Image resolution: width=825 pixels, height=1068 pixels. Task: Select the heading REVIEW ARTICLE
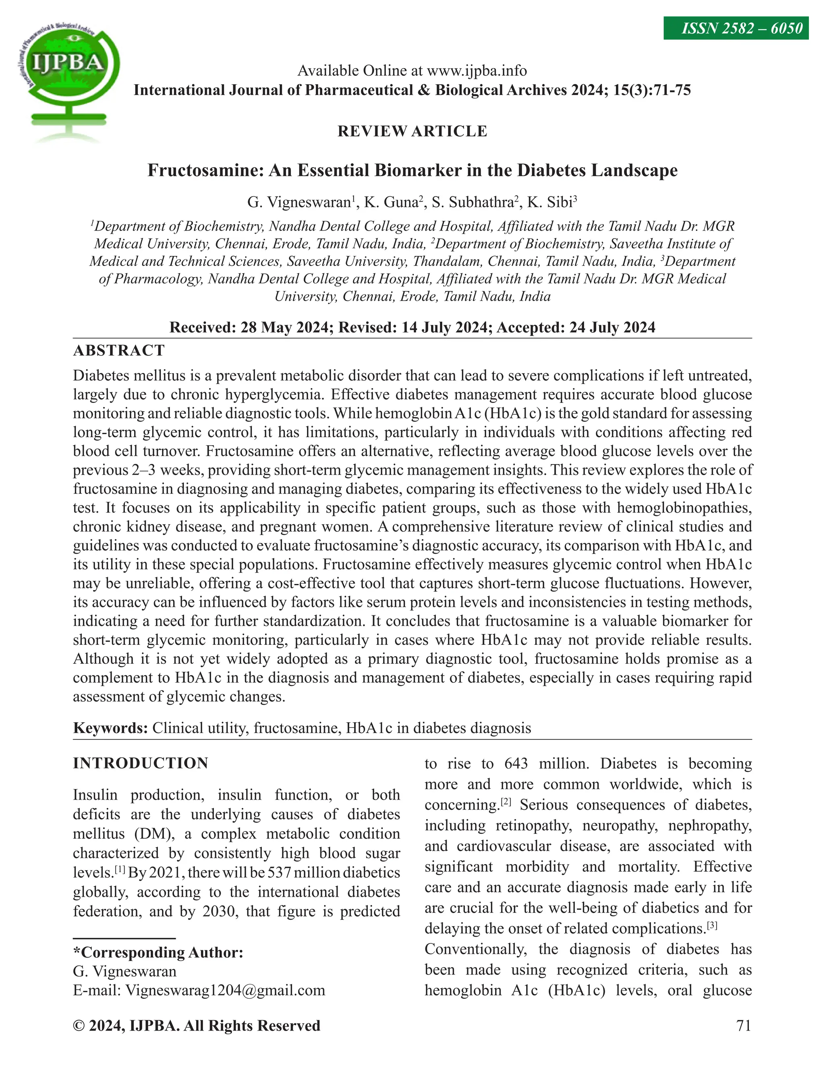[x=412, y=131]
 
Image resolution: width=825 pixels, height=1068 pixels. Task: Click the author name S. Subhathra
[x=472, y=202]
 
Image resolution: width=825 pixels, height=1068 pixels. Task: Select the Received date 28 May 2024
[x=284, y=327]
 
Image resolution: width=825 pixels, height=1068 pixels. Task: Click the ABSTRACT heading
[x=119, y=351]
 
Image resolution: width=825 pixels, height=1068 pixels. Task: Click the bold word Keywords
[x=110, y=728]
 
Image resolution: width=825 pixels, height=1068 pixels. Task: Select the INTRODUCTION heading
[x=140, y=763]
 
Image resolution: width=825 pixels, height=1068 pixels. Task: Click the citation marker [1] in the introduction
[x=120, y=871]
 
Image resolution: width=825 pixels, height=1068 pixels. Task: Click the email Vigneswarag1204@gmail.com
[x=225, y=990]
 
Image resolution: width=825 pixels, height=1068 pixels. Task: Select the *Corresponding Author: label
[x=158, y=952]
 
